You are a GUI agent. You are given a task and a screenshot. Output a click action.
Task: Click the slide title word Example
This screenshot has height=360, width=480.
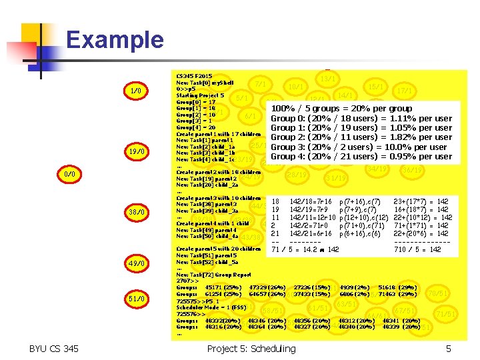[x=115, y=40]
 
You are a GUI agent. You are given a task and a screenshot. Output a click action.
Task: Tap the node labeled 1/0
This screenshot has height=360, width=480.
[x=135, y=90]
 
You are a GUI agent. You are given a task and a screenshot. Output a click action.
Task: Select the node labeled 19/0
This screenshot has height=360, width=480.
[x=135, y=151]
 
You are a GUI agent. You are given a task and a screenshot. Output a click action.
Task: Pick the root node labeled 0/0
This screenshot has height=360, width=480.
[x=69, y=174]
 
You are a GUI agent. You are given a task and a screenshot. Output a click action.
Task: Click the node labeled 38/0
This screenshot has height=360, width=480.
[x=135, y=212]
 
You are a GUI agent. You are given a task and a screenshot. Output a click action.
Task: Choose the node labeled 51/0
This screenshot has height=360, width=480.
[x=135, y=298]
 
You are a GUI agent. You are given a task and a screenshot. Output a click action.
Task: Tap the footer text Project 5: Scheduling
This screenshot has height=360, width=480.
[x=251, y=349]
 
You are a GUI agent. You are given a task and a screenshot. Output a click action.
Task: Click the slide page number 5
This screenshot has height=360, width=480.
[x=449, y=349]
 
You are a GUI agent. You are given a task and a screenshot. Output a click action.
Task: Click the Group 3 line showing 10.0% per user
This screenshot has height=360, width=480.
[x=358, y=147]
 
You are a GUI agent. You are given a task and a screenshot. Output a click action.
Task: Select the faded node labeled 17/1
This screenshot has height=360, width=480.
[x=403, y=90]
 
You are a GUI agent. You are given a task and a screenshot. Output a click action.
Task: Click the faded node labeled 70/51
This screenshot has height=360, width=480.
[x=438, y=293]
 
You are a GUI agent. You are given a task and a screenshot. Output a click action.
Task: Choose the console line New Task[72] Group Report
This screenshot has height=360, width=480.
[x=213, y=275]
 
